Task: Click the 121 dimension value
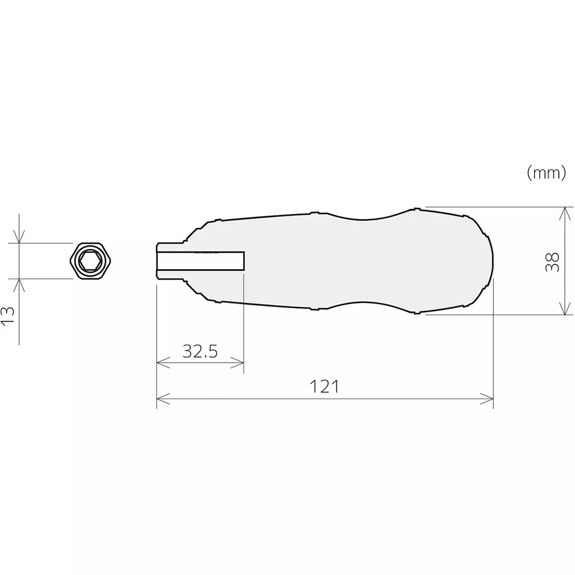tap(325, 387)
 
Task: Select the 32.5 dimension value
tap(200, 351)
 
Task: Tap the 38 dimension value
tap(552, 261)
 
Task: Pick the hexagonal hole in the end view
tap(90, 261)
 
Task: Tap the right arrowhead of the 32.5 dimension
tap(240, 362)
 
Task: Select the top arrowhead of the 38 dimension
tap(566, 210)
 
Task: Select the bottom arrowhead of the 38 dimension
tap(566, 311)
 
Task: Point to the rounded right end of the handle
tap(491, 260)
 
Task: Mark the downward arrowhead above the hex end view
tap(20, 237)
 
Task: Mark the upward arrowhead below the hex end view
tap(20, 283)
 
